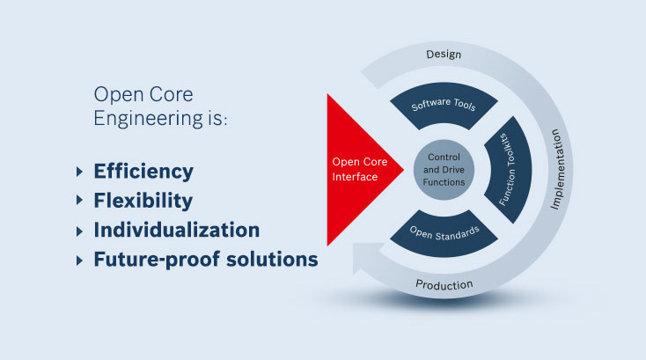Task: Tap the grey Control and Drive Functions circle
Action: coord(444,169)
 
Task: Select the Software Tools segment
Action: coord(444,106)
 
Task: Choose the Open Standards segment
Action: coord(444,233)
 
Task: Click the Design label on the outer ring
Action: coord(444,55)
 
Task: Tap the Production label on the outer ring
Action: coord(444,284)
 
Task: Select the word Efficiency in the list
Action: coord(143,171)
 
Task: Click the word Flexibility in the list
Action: coord(143,201)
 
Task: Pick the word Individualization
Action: coord(177,231)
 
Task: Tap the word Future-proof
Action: coord(148,261)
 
